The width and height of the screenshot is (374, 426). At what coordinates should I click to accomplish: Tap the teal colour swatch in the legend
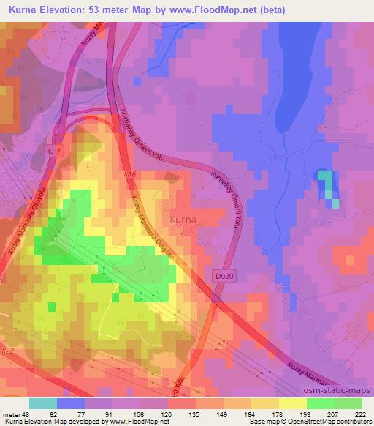click(43, 403)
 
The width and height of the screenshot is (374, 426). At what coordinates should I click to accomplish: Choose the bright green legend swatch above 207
click(321, 403)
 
